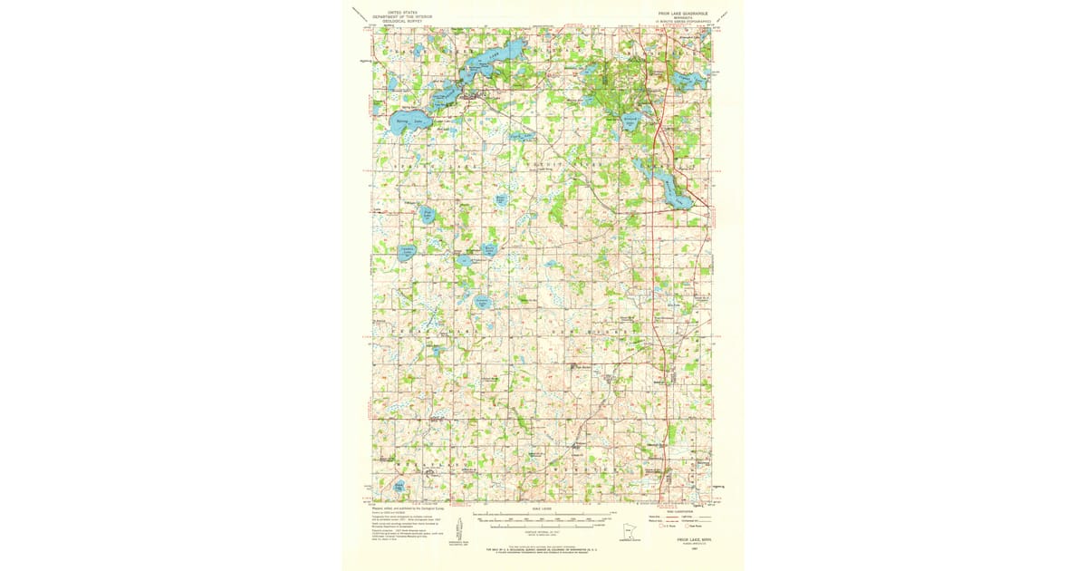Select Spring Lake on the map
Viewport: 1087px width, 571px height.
click(407, 121)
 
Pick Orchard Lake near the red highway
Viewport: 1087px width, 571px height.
click(631, 121)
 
